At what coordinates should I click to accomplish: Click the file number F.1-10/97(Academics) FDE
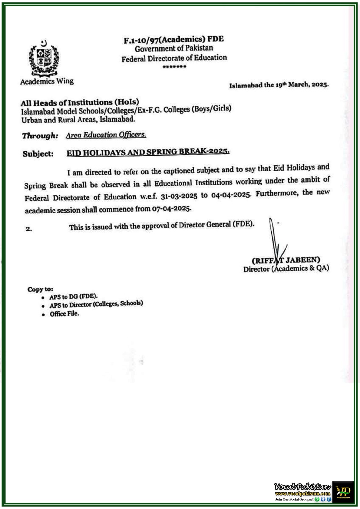[x=173, y=39]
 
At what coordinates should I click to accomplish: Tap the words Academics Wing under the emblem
[x=47, y=81]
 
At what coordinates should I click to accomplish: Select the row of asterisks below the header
[x=174, y=67]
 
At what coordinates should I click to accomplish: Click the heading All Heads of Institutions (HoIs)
[x=80, y=102]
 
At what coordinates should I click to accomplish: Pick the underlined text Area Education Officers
[x=106, y=135]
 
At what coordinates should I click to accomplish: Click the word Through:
[x=40, y=136]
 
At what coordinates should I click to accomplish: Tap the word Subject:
[x=38, y=154]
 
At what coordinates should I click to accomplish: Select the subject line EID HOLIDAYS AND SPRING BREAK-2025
[x=148, y=152]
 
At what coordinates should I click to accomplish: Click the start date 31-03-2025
[x=179, y=196]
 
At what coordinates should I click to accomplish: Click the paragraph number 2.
[x=29, y=229]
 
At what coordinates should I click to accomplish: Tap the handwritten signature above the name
[x=275, y=239]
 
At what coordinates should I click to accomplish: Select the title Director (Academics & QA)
[x=286, y=268]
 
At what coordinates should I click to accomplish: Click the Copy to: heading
[x=40, y=289]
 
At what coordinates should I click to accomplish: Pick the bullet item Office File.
[x=64, y=314]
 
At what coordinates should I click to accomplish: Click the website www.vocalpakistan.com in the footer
[x=302, y=493]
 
